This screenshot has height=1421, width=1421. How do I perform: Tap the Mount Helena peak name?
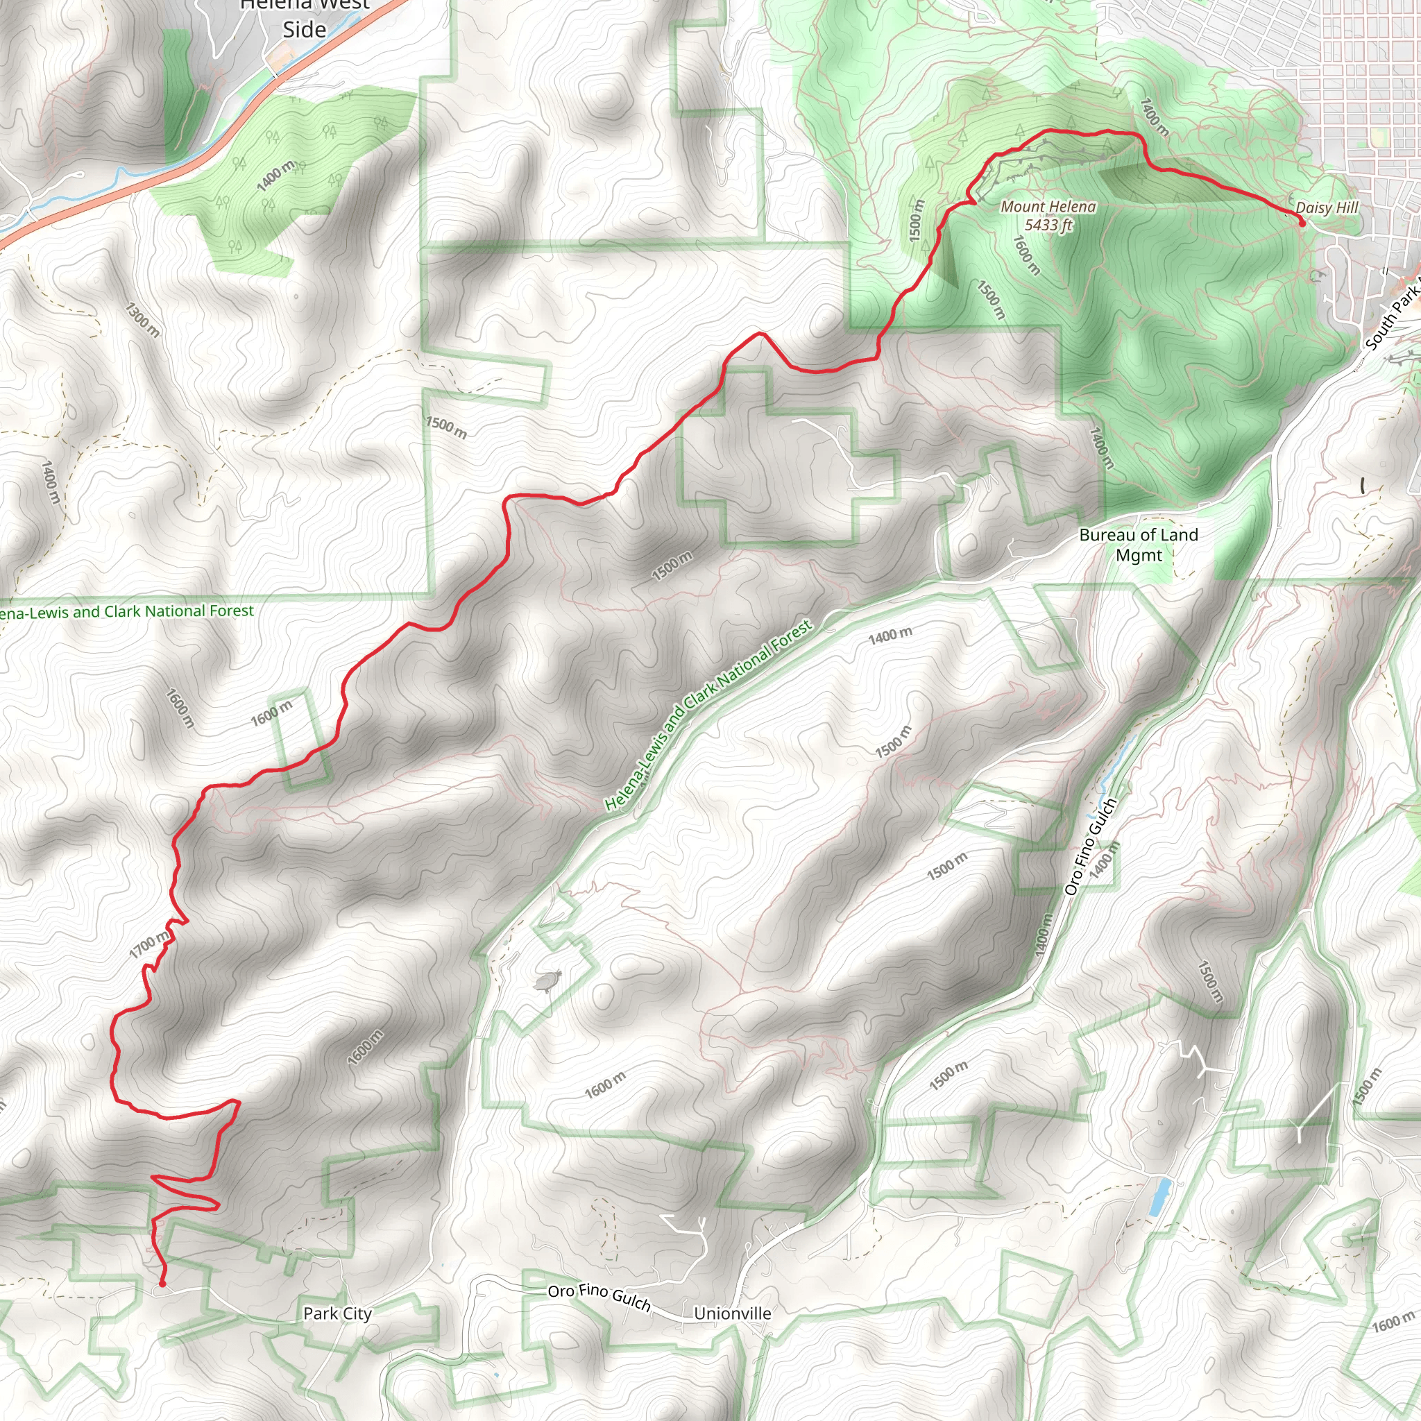point(1048,207)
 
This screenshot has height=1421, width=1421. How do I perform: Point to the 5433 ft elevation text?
point(1048,225)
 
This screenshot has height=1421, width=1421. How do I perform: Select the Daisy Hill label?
point(1327,207)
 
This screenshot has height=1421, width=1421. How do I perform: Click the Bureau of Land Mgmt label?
point(1139,545)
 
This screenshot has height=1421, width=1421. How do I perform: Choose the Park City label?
point(338,1313)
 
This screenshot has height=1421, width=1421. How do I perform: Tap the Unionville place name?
point(733,1313)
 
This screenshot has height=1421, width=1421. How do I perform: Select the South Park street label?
point(1393,319)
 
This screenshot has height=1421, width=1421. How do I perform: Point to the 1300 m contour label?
point(142,319)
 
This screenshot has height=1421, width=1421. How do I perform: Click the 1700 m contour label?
point(150,944)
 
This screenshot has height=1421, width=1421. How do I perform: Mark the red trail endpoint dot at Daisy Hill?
point(1302,223)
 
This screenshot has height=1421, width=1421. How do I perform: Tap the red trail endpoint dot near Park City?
point(162,1284)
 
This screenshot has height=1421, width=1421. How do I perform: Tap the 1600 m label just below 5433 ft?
point(1027,255)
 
